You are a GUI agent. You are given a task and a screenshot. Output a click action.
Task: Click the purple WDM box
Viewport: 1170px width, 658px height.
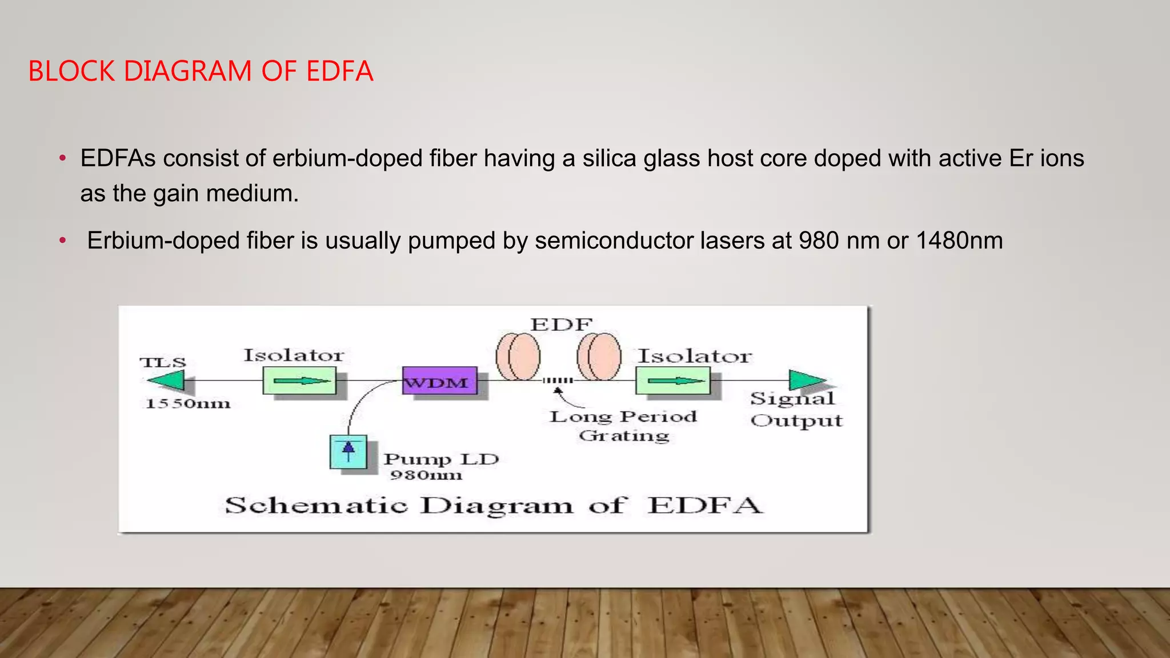(439, 381)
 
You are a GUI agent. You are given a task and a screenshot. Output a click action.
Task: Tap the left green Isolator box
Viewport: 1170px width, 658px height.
(299, 380)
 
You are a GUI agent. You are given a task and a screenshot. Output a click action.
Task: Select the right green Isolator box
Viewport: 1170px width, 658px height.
(673, 381)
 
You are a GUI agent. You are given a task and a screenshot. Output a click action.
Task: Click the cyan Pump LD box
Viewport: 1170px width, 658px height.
(348, 452)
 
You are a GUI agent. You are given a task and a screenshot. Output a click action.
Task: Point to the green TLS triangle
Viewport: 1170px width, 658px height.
(166, 380)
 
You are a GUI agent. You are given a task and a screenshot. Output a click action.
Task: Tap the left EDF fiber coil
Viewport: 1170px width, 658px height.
(518, 357)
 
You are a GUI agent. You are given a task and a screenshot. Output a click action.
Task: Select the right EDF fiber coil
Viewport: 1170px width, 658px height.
(599, 357)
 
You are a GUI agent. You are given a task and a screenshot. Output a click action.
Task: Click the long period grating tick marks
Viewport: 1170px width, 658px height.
(558, 380)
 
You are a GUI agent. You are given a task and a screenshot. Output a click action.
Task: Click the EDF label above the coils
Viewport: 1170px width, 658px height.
(562, 324)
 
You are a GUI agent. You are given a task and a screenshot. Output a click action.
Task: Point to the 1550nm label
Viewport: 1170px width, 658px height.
(188, 404)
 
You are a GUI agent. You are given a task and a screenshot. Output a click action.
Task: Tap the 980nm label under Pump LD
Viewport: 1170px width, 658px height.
(426, 475)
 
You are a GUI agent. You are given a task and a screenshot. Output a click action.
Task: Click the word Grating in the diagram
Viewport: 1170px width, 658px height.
(624, 436)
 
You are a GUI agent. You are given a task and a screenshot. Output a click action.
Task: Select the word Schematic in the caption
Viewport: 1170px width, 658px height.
(316, 506)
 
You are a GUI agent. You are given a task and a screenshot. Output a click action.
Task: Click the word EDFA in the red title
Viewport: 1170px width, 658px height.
(339, 71)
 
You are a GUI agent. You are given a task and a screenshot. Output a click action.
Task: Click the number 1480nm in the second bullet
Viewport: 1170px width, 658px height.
(959, 240)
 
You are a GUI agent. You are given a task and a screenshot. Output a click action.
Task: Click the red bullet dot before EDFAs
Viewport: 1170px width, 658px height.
(63, 158)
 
